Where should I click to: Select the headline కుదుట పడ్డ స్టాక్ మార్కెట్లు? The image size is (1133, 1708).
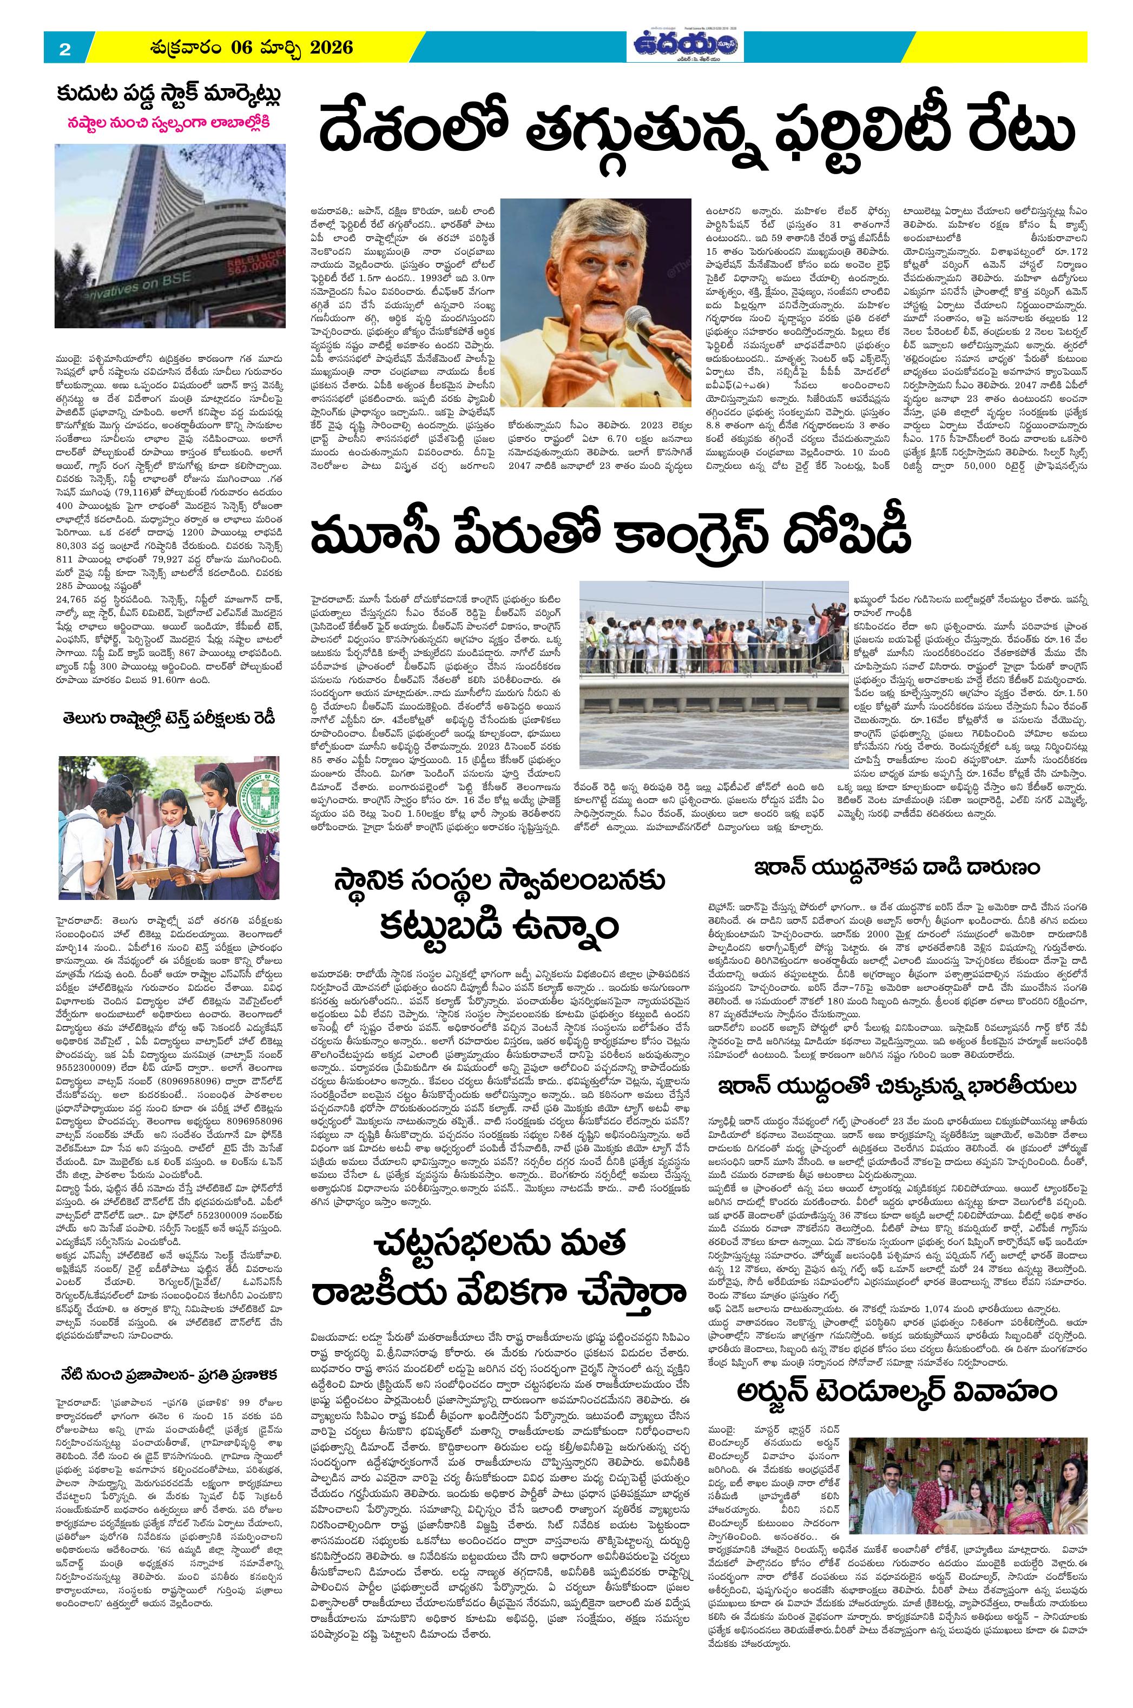[x=170, y=96]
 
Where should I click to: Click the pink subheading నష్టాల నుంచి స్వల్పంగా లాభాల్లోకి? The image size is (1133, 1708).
[x=170, y=121]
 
